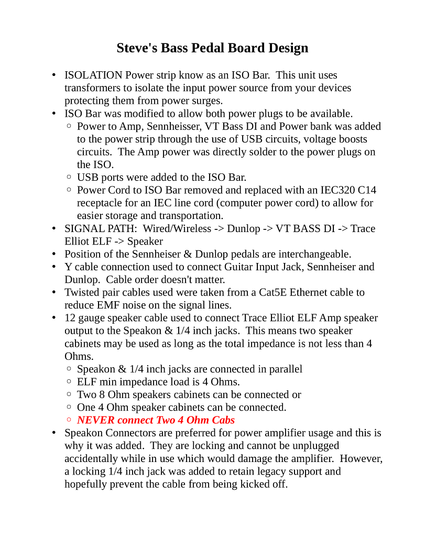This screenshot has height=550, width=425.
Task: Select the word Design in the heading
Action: pyautogui.click(x=288, y=48)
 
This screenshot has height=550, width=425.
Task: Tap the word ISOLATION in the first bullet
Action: pyautogui.click(x=93, y=75)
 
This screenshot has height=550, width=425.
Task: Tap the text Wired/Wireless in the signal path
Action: pyautogui.click(x=178, y=228)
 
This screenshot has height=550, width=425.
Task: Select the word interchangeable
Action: pyautogui.click(x=314, y=254)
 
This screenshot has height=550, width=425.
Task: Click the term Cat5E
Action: pyautogui.click(x=274, y=292)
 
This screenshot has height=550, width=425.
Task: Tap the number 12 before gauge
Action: pyautogui.click(x=70, y=318)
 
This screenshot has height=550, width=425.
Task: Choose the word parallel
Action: pyautogui.click(x=286, y=369)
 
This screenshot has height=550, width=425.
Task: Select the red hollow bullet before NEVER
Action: pyautogui.click(x=70, y=420)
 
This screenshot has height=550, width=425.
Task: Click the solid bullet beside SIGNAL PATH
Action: pyautogui.click(x=54, y=229)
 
